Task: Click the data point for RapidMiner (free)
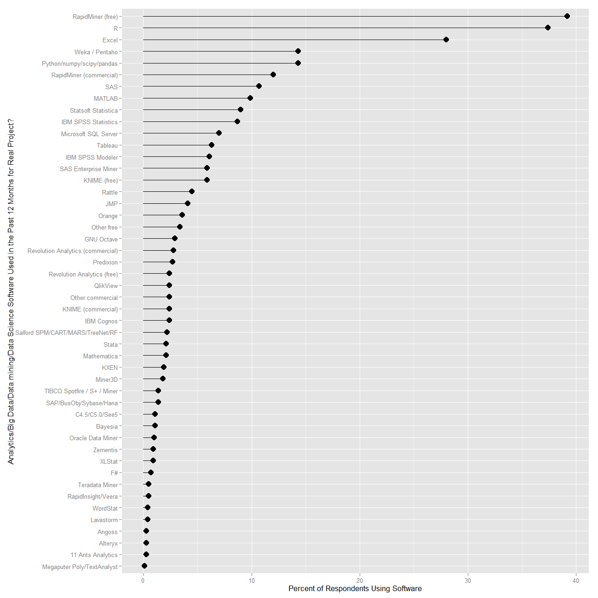coord(567,16)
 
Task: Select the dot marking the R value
coord(547,28)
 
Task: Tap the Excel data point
coord(446,40)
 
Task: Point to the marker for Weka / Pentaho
coord(298,51)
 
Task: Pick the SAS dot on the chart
coord(259,86)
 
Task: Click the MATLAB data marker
coord(250,98)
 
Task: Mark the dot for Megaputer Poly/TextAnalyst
coord(144,566)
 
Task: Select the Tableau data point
coord(211,145)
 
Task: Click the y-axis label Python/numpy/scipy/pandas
coord(80,63)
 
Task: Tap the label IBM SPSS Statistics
coord(89,122)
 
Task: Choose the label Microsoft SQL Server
coord(89,134)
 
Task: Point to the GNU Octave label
coord(101,239)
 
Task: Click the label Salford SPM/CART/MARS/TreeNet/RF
coord(66,333)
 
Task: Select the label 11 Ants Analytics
coord(94,555)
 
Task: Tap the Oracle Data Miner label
coord(93,438)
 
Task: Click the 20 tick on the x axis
coord(360,581)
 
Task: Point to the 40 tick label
coord(576,581)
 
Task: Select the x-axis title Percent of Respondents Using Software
coord(355,589)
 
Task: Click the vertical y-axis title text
coord(11,292)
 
